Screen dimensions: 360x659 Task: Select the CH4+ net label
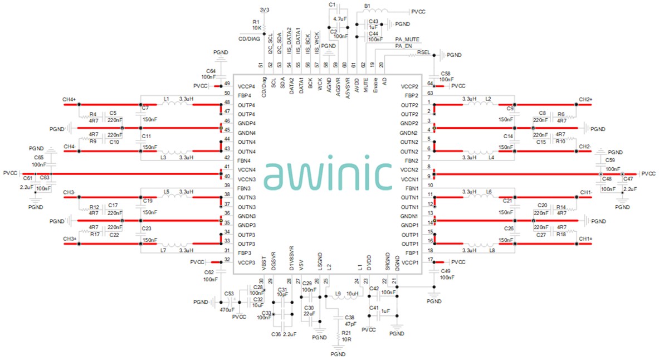[x=70, y=100]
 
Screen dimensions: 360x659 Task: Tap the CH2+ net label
[x=584, y=100]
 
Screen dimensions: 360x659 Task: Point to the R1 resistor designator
[x=256, y=21]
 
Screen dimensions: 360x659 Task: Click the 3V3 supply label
[x=265, y=9]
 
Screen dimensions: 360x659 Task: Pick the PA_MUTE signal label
[x=407, y=39]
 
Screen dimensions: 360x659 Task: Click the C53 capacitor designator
[x=228, y=293]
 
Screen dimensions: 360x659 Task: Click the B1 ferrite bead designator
[x=368, y=6]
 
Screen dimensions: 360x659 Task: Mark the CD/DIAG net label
[x=249, y=39]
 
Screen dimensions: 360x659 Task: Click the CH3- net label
[x=70, y=192]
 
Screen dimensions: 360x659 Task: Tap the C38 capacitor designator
[x=350, y=317]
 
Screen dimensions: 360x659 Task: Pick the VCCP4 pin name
[x=246, y=87]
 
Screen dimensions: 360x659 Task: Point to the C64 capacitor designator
[x=211, y=71]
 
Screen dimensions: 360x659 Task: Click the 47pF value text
[x=350, y=324]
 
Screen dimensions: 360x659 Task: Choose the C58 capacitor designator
[x=445, y=74]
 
